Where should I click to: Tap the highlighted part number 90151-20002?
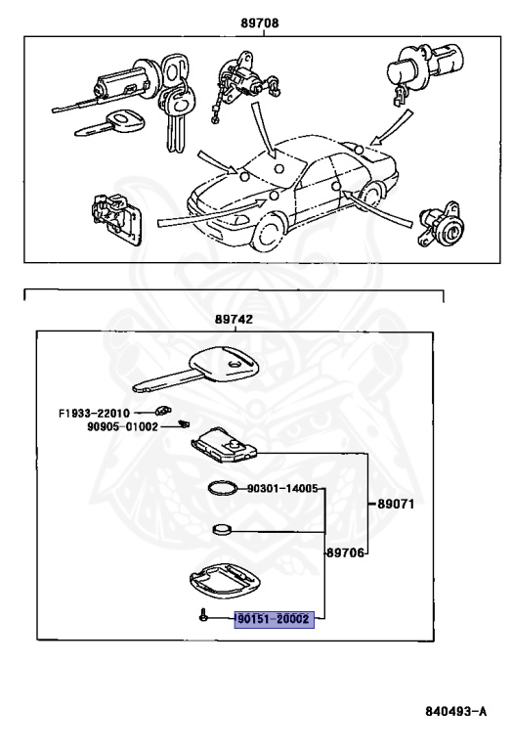(x=273, y=619)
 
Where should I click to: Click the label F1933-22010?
(x=95, y=413)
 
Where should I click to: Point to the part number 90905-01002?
(x=120, y=426)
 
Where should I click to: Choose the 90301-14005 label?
(x=281, y=487)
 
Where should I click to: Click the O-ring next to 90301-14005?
(x=223, y=488)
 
